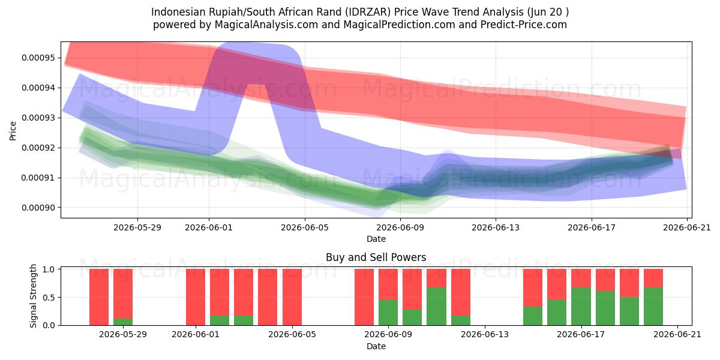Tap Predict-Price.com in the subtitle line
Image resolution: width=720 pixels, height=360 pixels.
(524, 25)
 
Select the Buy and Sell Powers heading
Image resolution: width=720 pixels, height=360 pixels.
(376, 257)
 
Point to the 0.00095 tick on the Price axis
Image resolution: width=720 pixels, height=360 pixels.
(38, 58)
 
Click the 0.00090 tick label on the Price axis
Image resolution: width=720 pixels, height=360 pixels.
(38, 208)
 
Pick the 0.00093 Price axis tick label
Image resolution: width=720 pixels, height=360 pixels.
(38, 118)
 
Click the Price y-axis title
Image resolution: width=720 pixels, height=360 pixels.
(13, 131)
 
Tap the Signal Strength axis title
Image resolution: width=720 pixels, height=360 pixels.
(33, 296)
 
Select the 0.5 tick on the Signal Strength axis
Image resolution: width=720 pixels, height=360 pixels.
(49, 298)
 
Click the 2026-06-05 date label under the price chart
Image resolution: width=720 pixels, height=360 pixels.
(305, 227)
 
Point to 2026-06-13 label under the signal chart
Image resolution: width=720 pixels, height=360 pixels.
(485, 335)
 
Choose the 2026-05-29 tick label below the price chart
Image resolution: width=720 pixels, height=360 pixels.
(137, 227)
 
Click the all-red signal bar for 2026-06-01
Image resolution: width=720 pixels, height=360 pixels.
(196, 297)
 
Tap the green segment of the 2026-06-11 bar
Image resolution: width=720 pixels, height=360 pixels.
(437, 307)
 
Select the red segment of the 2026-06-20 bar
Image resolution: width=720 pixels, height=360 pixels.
(653, 278)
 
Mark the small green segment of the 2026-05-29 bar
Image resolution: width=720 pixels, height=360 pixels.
(123, 322)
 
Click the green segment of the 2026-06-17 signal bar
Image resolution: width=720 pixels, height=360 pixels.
(581, 307)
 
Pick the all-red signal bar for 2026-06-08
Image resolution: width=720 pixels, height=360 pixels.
(364, 297)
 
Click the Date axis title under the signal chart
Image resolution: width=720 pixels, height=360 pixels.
(376, 346)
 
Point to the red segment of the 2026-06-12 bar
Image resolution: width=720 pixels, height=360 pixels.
(461, 292)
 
